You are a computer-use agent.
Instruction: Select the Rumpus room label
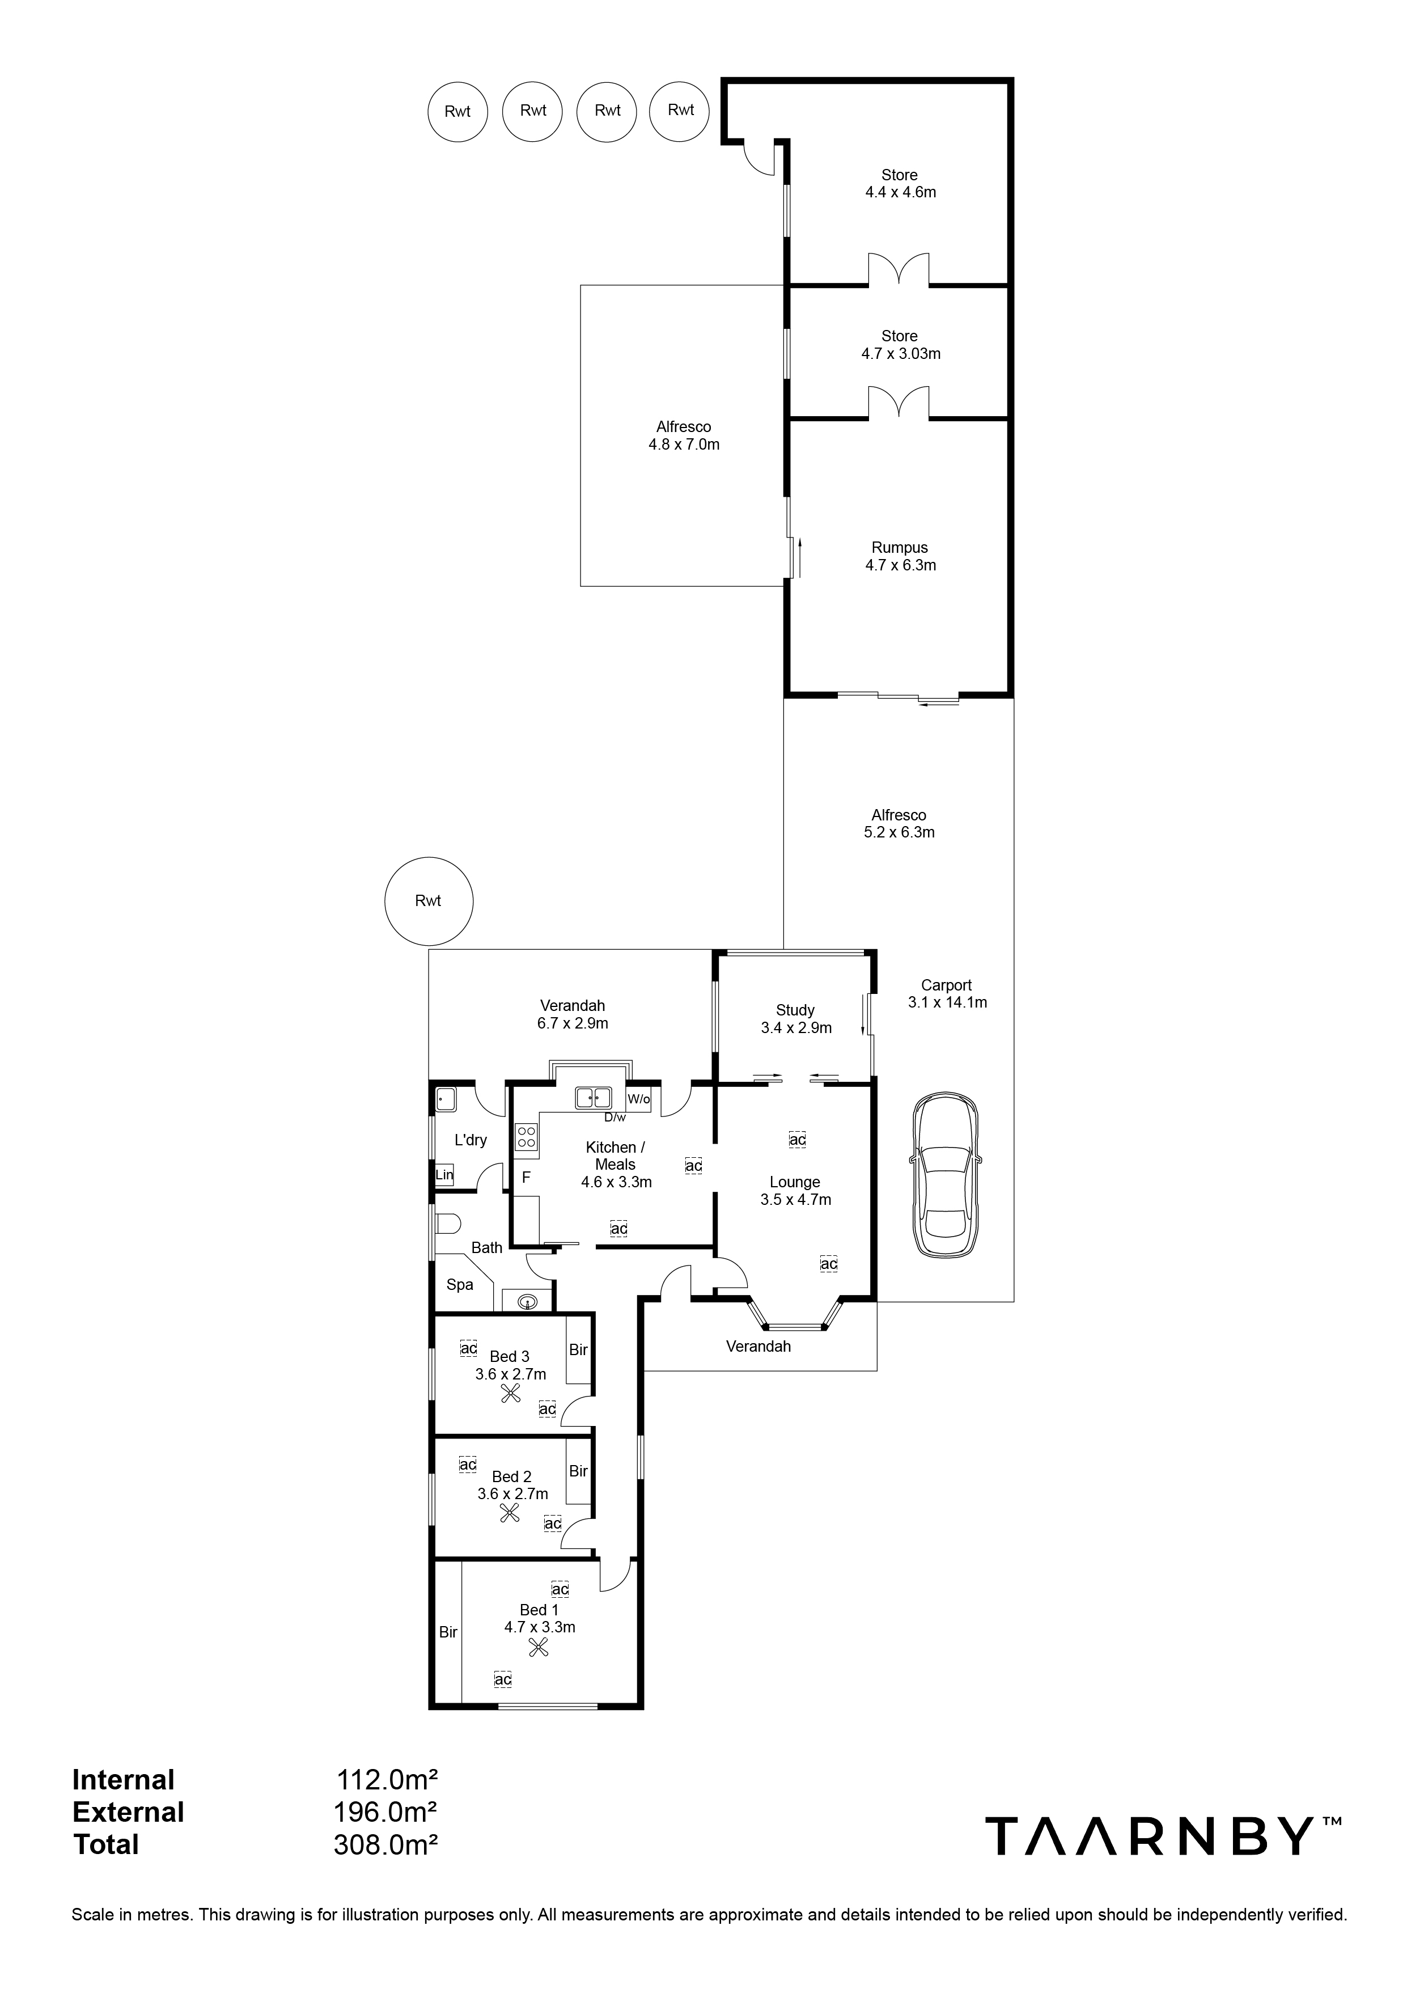click(x=899, y=548)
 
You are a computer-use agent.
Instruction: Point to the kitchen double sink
click(x=594, y=1098)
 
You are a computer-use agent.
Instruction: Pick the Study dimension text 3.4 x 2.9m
click(x=795, y=1029)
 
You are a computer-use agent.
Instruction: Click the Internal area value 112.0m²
click(x=387, y=1780)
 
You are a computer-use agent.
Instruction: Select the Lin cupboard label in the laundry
click(x=444, y=1175)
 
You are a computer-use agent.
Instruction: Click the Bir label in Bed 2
click(x=578, y=1471)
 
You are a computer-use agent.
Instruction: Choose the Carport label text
click(x=946, y=985)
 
